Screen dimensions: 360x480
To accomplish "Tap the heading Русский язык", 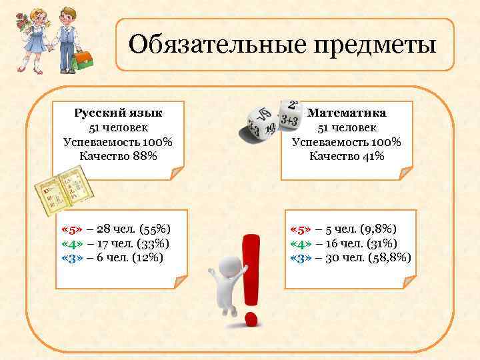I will tap(118, 112).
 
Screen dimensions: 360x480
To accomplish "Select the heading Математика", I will tap(347, 112).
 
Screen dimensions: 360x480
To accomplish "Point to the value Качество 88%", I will tap(118, 157).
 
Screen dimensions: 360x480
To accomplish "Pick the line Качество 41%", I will tap(347, 157).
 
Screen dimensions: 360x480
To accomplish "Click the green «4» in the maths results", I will tap(302, 243).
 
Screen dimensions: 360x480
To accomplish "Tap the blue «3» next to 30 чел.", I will tap(302, 257).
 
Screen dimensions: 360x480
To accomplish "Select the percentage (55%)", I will tap(156, 229).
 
